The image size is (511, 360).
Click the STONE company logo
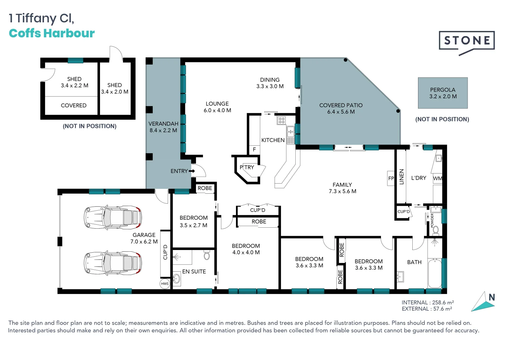[466, 42]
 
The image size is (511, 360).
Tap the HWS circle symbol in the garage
[165, 284]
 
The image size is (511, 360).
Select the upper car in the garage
[113, 217]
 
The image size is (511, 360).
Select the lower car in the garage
[113, 263]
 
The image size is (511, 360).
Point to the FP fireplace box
[391, 178]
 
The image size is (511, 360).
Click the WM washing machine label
[437, 178]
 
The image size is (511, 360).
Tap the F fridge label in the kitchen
[254, 150]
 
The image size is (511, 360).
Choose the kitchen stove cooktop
[281, 120]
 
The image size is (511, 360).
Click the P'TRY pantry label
[247, 167]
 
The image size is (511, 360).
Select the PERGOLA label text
[443, 90]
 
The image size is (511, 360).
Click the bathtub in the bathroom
[435, 273]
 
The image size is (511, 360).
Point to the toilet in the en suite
[207, 255]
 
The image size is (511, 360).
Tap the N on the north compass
[491, 297]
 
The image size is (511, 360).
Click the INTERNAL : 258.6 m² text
[428, 303]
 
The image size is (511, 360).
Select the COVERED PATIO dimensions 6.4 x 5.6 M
[341, 112]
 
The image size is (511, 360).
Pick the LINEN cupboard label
[401, 177]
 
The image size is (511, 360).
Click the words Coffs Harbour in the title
[52, 33]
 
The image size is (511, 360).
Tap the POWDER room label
[432, 221]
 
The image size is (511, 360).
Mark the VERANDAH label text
[163, 124]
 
